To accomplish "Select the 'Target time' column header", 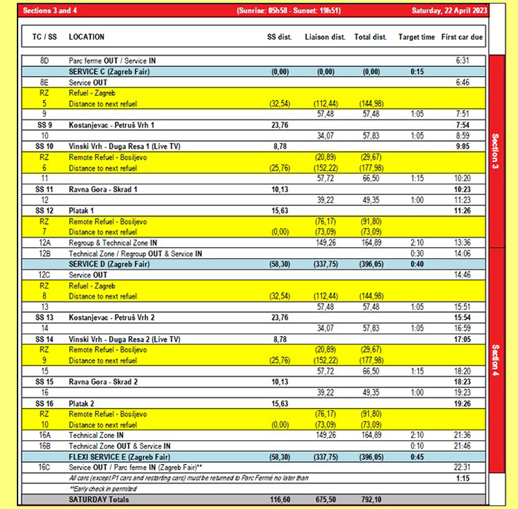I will coord(416,37).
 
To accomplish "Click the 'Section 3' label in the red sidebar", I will coord(495,151).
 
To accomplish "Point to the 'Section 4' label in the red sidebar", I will coord(495,362).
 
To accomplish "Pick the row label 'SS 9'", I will coord(44,125).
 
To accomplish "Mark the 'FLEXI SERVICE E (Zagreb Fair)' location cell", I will coord(115,457).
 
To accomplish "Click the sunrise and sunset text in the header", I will coord(289,11).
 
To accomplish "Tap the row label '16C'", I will coord(44,467).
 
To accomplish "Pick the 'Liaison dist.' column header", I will coord(325,37).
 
